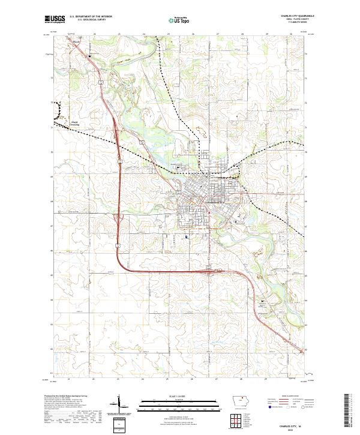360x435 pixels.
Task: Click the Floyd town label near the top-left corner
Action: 76,42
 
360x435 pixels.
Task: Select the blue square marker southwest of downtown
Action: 187,236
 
